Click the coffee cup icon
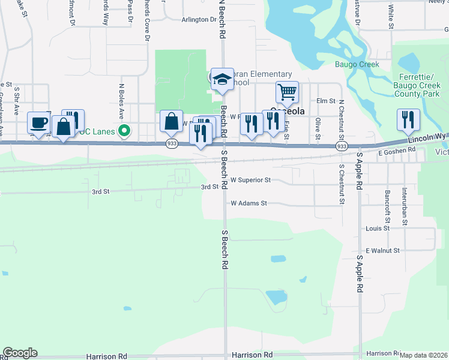[x=40, y=123]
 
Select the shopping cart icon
[x=288, y=92]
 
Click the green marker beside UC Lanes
[x=124, y=130]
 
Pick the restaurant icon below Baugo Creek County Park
[x=408, y=120]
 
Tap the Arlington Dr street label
[x=198, y=20]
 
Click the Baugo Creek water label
[x=357, y=64]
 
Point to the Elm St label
[x=326, y=101]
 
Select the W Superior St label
[x=252, y=180]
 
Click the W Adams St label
[x=249, y=203]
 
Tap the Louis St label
[x=378, y=229]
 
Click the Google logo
[x=20, y=353]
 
